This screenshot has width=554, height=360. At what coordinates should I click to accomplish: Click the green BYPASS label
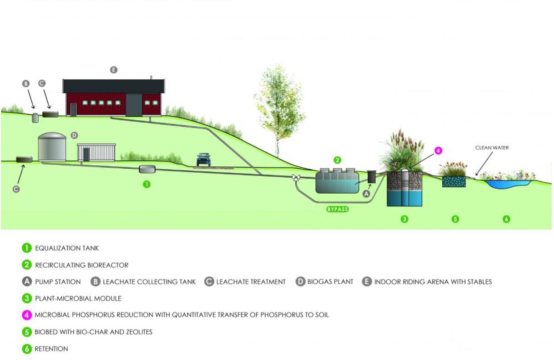click(337, 209)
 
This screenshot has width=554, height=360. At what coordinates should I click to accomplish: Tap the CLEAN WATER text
click(492, 148)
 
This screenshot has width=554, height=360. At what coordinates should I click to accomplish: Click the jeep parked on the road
click(203, 159)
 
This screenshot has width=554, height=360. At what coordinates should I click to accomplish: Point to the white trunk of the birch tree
click(278, 147)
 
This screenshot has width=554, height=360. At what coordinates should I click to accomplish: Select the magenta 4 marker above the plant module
click(438, 151)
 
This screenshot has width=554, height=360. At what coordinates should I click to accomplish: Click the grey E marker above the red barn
click(113, 70)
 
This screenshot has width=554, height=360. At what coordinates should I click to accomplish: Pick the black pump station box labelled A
click(371, 177)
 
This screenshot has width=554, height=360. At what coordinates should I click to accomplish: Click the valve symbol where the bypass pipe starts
click(296, 177)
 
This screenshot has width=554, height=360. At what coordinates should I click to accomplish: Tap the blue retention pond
click(508, 184)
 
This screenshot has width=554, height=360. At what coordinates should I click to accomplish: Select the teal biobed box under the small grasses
click(454, 181)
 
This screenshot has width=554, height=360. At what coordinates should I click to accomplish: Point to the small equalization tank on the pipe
click(147, 169)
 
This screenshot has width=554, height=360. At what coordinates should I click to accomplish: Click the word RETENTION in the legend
click(51, 349)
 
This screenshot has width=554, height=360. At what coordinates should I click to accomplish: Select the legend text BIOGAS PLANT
click(330, 282)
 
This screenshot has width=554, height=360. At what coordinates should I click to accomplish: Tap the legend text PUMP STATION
click(58, 282)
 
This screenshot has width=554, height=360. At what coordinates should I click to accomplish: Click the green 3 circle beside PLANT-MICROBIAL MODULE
click(27, 298)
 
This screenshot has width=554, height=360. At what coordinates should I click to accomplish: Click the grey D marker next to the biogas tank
click(74, 136)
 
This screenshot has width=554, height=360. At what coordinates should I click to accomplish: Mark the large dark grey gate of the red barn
click(134, 105)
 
